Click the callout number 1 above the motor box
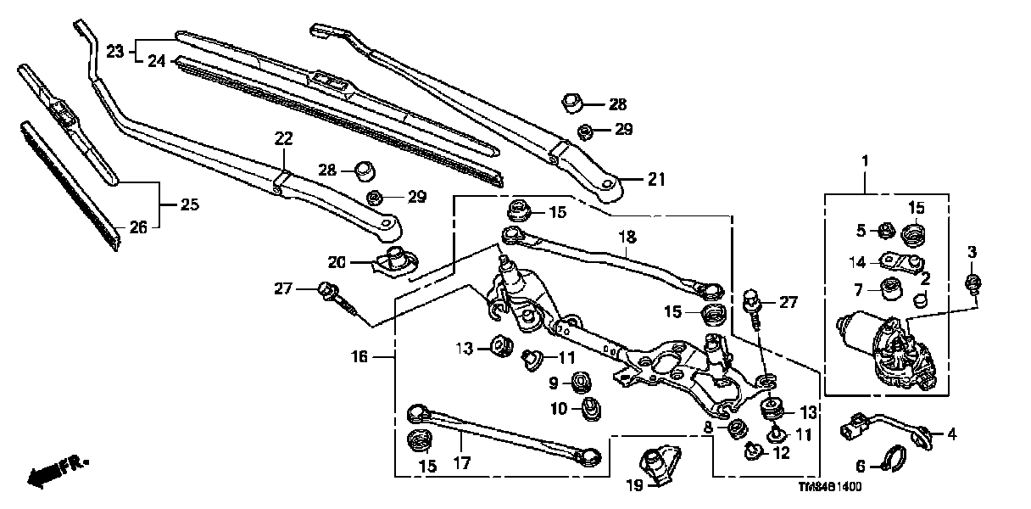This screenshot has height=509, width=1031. (866, 160)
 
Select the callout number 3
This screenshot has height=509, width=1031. (972, 253)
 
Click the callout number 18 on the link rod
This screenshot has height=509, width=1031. (627, 238)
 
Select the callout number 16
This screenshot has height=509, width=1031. (359, 357)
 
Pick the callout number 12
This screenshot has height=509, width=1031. (780, 453)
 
